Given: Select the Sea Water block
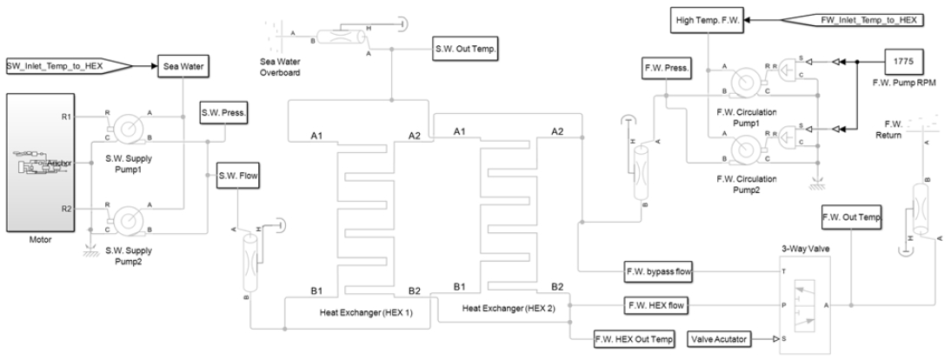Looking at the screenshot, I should point(181,65).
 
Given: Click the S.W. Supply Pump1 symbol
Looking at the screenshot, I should point(127,126).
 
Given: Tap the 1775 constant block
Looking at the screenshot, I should point(904,62).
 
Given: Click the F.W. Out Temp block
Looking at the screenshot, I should point(852,218).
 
